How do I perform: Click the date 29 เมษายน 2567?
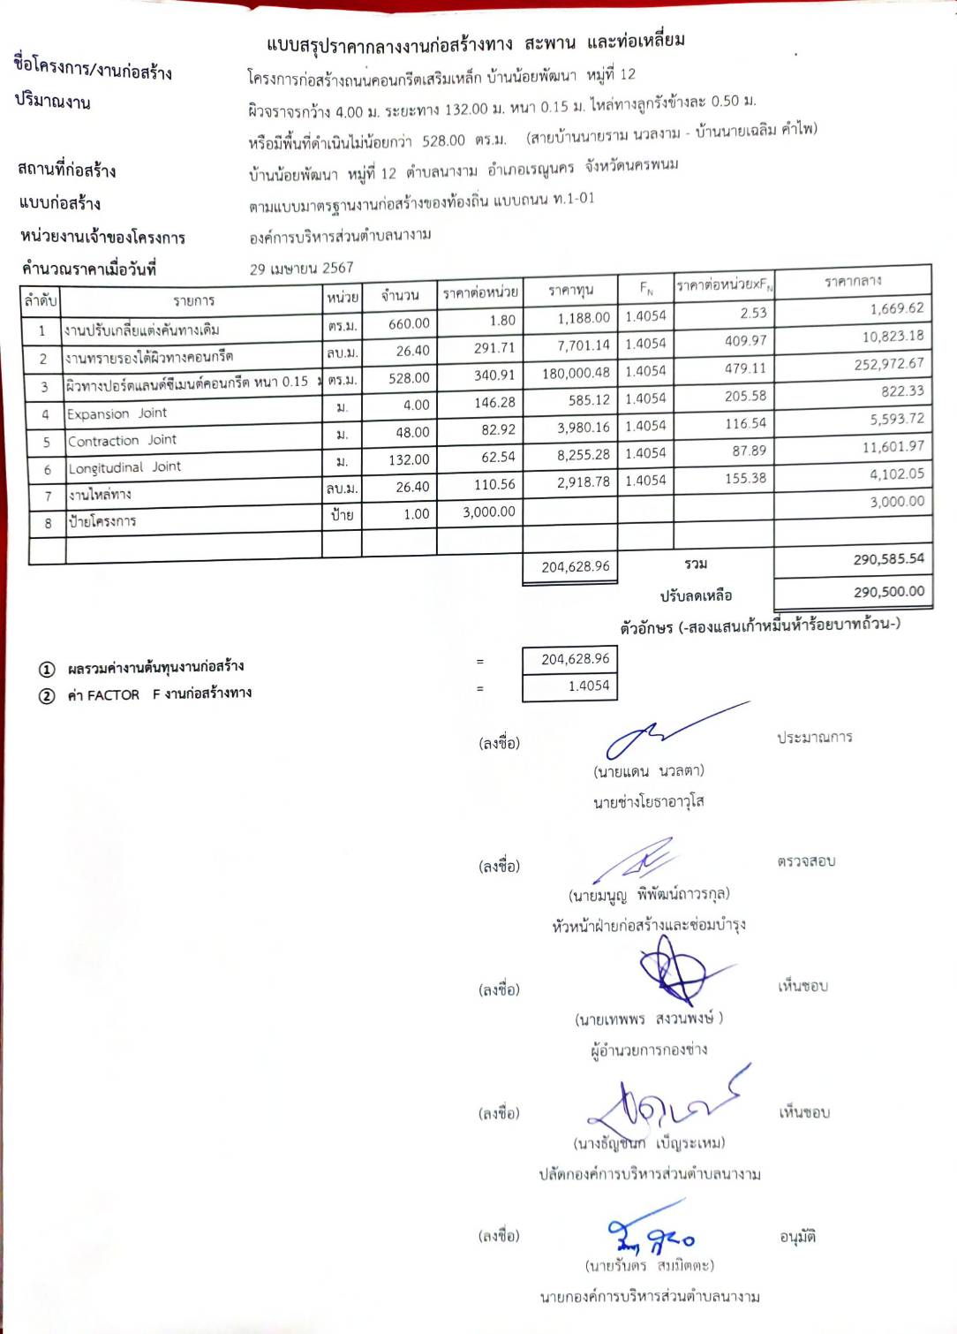[301, 269]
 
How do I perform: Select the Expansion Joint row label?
[117, 413]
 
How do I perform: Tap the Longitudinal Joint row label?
[124, 467]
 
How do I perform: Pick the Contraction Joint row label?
[122, 441]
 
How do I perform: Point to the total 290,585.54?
[888, 559]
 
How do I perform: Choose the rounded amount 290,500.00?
[888, 592]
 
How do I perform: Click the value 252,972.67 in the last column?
[888, 364]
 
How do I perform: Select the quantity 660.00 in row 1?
[409, 323]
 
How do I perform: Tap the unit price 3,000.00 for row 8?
[488, 512]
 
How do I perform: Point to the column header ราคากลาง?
[852, 282]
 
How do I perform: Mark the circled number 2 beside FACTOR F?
[47, 696]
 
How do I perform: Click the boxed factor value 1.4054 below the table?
[588, 686]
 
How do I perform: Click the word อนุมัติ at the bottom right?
[797, 1238]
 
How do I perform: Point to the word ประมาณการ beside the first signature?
[814, 738]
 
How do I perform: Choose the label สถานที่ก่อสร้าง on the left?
[67, 170]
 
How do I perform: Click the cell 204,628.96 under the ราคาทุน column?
[575, 566]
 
